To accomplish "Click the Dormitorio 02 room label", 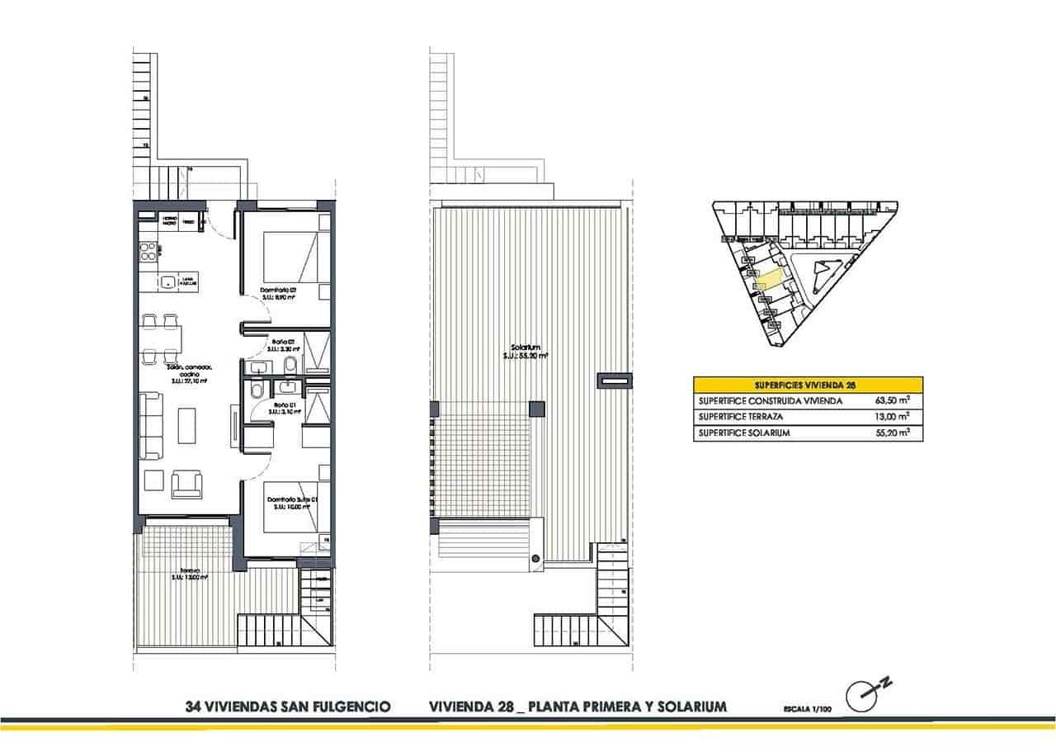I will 278,291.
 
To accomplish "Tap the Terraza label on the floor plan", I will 189,573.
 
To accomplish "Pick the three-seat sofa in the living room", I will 152,426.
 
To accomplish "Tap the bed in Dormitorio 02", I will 291,257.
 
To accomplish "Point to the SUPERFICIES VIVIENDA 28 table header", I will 808,385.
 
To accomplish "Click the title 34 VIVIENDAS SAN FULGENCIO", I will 288,707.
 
